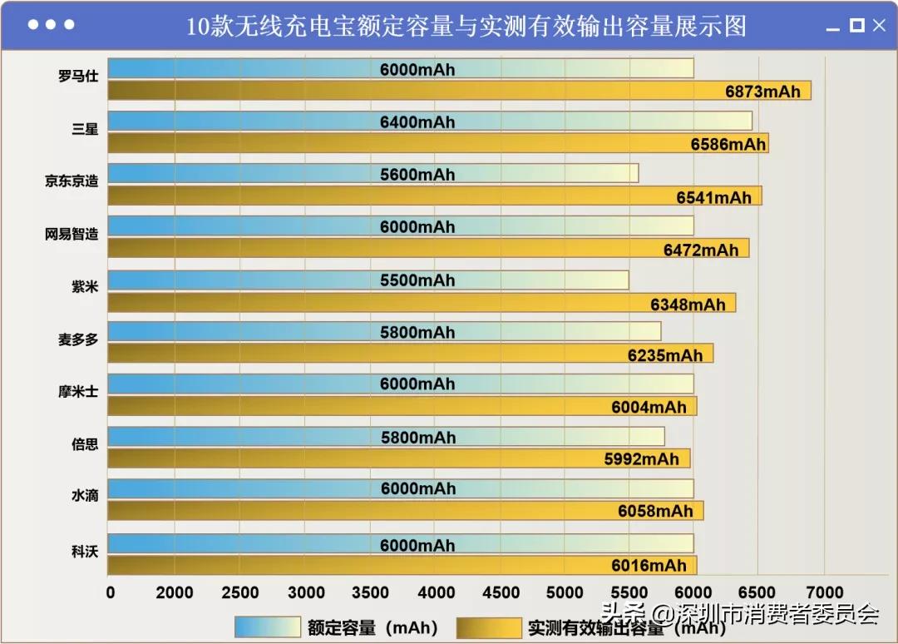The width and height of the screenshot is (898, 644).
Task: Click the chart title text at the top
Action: coord(466,26)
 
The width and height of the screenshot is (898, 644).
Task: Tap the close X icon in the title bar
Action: coord(879,26)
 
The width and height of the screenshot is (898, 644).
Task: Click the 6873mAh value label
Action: coord(762,92)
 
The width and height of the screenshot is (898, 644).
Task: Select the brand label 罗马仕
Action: coord(78,77)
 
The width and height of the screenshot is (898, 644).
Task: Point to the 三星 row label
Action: coord(85,129)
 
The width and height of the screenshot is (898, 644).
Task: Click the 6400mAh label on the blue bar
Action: coord(417,122)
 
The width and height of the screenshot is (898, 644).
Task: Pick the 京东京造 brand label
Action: coord(72,181)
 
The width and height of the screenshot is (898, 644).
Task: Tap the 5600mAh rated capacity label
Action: coord(417,175)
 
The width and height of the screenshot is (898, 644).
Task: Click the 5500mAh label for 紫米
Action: coord(417,280)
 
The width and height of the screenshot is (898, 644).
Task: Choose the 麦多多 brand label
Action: coord(78,339)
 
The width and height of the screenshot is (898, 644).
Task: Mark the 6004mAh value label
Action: coord(649,407)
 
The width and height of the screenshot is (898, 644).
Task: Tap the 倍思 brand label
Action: coord(85,443)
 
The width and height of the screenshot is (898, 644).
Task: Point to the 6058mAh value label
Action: coord(655,511)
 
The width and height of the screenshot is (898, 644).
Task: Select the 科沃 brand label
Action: coord(85,548)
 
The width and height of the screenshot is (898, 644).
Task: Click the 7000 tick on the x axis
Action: coord(822,592)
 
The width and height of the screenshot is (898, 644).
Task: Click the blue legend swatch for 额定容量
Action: coord(267,627)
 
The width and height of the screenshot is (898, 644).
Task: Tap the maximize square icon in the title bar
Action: coord(856,26)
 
